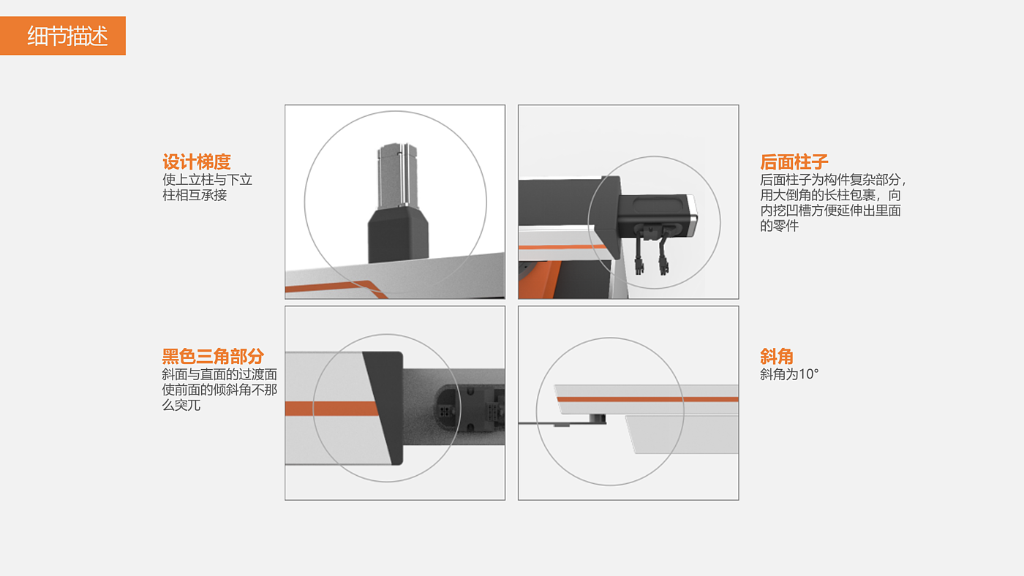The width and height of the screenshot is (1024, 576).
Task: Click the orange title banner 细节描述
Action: (x=63, y=36)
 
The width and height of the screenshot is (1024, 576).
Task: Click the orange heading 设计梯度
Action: (x=197, y=162)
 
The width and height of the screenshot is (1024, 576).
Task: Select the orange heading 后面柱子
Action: (x=794, y=162)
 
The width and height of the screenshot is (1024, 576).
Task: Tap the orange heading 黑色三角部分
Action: (x=213, y=356)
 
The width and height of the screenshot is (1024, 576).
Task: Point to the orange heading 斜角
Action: (x=777, y=356)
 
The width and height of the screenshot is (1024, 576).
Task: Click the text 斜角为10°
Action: (x=789, y=374)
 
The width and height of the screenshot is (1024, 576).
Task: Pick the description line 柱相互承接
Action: (x=195, y=195)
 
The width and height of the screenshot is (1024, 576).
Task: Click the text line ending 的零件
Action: (x=779, y=226)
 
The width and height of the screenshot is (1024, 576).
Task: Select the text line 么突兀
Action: (x=181, y=405)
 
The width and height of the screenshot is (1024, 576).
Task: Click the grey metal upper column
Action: (x=397, y=176)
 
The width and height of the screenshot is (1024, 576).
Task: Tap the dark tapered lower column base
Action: (x=398, y=235)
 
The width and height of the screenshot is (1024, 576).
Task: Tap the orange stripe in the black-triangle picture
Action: (x=332, y=409)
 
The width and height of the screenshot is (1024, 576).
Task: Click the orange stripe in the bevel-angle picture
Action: (x=647, y=399)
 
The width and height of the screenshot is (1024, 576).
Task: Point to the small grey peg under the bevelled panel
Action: (x=597, y=418)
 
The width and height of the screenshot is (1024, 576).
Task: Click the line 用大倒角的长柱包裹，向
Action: (x=830, y=195)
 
